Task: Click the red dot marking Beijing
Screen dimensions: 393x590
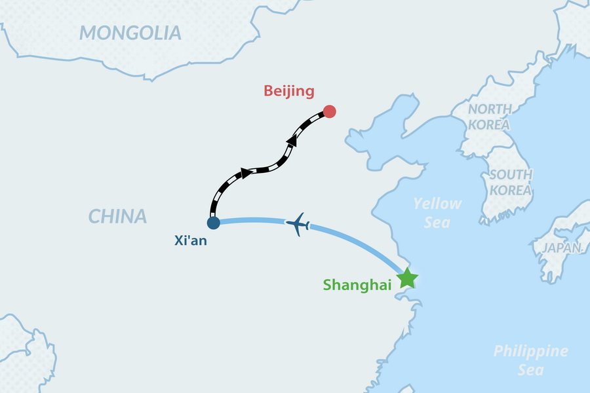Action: pyautogui.click(x=330, y=111)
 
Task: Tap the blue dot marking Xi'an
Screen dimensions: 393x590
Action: pyautogui.click(x=213, y=223)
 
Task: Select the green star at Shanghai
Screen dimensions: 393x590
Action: pyautogui.click(x=407, y=278)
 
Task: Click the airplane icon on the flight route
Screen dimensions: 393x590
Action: pyautogui.click(x=298, y=225)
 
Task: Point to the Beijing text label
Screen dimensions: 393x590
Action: pyautogui.click(x=289, y=91)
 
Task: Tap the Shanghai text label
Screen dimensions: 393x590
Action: pyautogui.click(x=357, y=285)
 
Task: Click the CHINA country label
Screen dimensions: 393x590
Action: pyautogui.click(x=118, y=217)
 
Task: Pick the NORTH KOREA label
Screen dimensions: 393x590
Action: pyautogui.click(x=489, y=117)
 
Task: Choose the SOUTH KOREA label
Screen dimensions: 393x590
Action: pyautogui.click(x=511, y=183)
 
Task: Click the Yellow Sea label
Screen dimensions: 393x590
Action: pyautogui.click(x=437, y=213)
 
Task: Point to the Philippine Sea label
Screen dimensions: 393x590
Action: pyautogui.click(x=530, y=360)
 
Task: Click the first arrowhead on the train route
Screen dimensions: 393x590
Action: pyautogui.click(x=246, y=173)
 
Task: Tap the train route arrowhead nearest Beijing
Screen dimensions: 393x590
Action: pyautogui.click(x=292, y=140)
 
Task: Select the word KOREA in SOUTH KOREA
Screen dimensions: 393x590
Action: pyautogui.click(x=511, y=191)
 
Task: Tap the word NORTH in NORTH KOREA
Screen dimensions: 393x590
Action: pyautogui.click(x=489, y=109)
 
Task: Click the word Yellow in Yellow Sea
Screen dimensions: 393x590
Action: pyautogui.click(x=437, y=204)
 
